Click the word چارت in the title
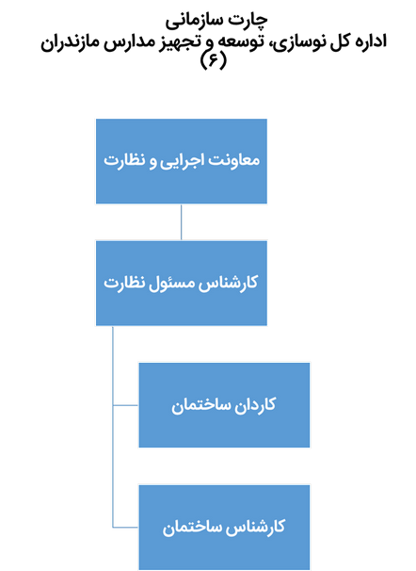click(248, 21)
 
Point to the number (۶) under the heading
click(214, 60)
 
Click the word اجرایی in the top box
click(182, 161)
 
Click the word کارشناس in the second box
click(230, 283)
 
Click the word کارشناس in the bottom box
click(256, 528)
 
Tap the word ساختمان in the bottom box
click(192, 528)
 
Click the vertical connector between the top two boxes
click(181, 221)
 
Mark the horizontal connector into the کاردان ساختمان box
click(125, 405)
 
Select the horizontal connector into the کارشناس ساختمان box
click(125, 527)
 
